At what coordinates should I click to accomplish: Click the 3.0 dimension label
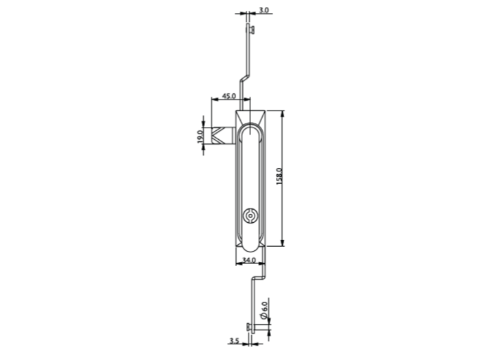(x=263, y=10)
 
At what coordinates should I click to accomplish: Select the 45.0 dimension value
(x=229, y=96)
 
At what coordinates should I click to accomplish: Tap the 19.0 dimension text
(x=200, y=136)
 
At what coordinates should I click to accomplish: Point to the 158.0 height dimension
(x=279, y=176)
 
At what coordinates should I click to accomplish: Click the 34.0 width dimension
(x=249, y=260)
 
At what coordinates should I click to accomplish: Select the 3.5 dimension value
(x=234, y=341)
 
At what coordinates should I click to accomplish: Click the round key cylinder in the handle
(x=250, y=216)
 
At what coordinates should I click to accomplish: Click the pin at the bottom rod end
(x=250, y=328)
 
